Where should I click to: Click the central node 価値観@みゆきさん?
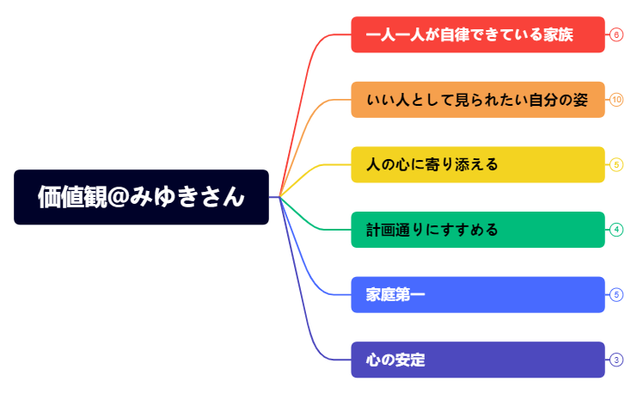coord(141,197)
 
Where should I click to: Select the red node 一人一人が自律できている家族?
coord(477,34)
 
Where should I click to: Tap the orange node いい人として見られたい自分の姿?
coord(477,100)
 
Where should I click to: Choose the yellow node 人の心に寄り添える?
coord(477,164)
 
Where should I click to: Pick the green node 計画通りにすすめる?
coord(477,230)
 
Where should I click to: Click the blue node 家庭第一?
coord(477,295)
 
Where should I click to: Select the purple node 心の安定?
coord(477,360)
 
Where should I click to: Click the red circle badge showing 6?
coord(616,34)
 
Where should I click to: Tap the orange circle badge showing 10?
coord(616,100)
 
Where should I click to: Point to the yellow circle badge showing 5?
coord(616,164)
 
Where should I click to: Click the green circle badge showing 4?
coord(616,230)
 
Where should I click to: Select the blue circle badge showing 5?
coord(616,295)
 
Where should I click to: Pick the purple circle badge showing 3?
coord(616,360)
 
